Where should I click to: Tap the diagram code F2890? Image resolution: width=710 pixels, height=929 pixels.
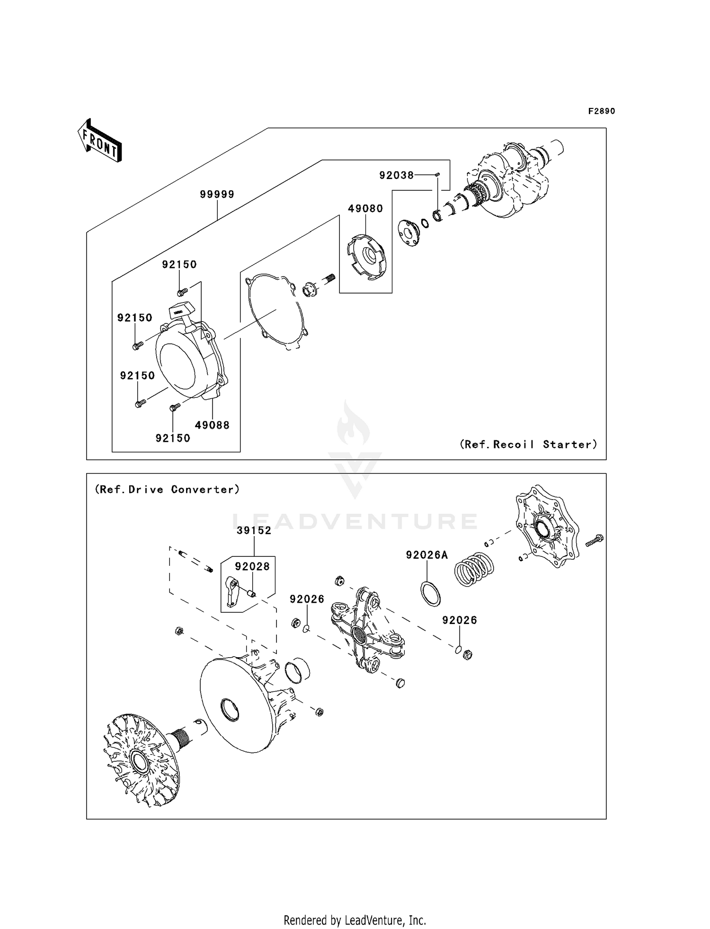pyautogui.click(x=601, y=111)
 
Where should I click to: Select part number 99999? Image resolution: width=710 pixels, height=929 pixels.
pyautogui.click(x=217, y=194)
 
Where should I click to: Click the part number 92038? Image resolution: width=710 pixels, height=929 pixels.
pyautogui.click(x=396, y=175)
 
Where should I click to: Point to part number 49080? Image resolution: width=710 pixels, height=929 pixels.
pyautogui.click(x=365, y=208)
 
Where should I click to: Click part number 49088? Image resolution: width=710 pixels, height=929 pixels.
pyautogui.click(x=212, y=425)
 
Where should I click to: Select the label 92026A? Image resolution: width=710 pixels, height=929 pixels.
pyautogui.click(x=426, y=555)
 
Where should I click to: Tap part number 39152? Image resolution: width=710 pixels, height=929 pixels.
pyautogui.click(x=254, y=530)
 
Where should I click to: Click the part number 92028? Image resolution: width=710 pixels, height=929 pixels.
pyautogui.click(x=252, y=566)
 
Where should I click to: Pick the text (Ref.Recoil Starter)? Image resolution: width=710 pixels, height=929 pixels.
pyautogui.click(x=528, y=444)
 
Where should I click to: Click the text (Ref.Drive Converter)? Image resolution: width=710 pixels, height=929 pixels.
pyautogui.click(x=168, y=489)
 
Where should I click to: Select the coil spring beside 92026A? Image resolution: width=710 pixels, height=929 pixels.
pyautogui.click(x=473, y=570)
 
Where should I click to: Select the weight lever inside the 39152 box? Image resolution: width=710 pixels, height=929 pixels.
pyautogui.click(x=231, y=591)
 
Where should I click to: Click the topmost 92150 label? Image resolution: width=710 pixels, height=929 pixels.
pyautogui.click(x=179, y=264)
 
